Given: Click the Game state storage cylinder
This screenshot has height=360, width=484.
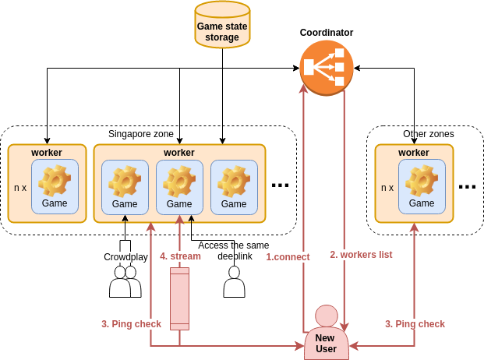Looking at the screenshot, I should (x=222, y=25).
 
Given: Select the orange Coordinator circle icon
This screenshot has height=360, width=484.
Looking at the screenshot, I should (x=327, y=68).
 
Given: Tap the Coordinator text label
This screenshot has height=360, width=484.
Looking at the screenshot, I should (x=327, y=33).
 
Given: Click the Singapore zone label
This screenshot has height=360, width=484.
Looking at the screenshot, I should (x=141, y=134).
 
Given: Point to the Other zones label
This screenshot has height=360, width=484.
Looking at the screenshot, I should (x=429, y=134).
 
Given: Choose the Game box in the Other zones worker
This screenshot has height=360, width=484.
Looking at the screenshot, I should (x=422, y=187).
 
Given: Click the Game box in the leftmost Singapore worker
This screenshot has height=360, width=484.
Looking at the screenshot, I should (x=55, y=187).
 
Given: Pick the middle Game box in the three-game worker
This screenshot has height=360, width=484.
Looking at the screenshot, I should (x=179, y=188).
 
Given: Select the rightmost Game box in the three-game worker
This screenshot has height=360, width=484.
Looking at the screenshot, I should (x=234, y=188).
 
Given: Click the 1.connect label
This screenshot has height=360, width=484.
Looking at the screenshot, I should (x=288, y=257).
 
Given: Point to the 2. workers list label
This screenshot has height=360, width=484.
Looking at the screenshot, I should (x=361, y=255).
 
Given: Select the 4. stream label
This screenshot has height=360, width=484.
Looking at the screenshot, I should (x=180, y=256).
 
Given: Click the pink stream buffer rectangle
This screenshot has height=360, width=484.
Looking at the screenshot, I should (x=180, y=298).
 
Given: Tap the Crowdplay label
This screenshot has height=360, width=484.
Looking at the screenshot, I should (x=125, y=257).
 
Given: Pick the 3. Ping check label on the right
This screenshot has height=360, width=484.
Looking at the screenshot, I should (x=415, y=324).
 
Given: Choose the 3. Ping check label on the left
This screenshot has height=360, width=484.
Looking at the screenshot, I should (x=131, y=324).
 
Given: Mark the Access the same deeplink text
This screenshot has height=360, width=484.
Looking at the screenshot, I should (x=234, y=250).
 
